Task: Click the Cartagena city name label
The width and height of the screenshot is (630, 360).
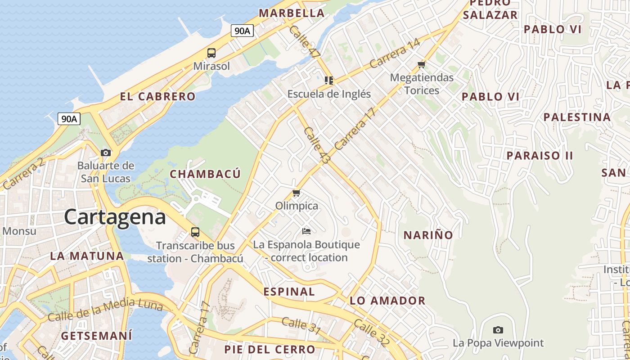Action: pos(115,217)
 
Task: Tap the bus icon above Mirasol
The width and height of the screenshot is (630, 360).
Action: pos(211,53)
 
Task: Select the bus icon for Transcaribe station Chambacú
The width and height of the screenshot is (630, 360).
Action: pos(195,232)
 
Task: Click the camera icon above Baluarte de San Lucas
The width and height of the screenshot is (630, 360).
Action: pos(106,153)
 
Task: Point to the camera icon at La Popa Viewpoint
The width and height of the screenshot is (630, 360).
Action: pos(498,330)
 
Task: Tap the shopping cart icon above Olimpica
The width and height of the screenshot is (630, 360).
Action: pos(296,193)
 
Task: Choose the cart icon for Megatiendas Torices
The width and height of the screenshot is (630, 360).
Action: pos(421,65)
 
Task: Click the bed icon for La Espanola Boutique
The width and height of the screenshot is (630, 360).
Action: pos(306,232)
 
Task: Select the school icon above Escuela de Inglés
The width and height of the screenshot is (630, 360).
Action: pos(329,81)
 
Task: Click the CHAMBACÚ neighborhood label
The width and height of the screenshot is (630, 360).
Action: pos(205,174)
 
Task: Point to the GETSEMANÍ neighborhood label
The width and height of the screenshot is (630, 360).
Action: pos(96,336)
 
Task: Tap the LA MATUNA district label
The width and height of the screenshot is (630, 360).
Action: pos(87,256)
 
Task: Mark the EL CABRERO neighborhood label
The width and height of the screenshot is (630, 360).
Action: pos(157,96)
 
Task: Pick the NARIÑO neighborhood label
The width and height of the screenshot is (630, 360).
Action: pos(428,235)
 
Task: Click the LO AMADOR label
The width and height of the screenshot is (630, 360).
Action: pos(387,301)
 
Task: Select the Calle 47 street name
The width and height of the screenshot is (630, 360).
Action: pos(305,41)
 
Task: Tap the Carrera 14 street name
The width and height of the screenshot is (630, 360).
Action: pos(395,54)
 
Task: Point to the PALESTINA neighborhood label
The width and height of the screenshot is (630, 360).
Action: pos(577,117)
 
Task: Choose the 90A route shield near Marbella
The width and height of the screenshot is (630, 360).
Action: pos(242,31)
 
